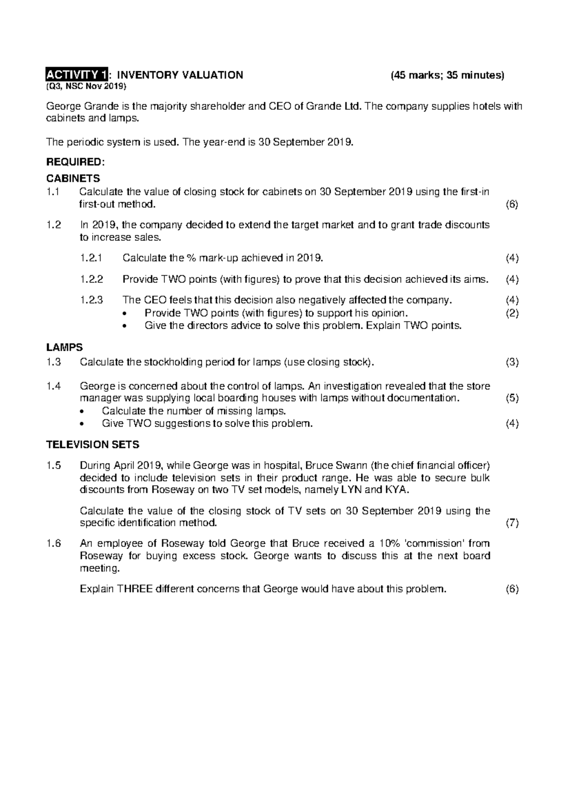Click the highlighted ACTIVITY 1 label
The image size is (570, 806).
click(x=77, y=75)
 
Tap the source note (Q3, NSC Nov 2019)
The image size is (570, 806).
click(x=86, y=86)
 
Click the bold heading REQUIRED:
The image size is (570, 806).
click(x=74, y=162)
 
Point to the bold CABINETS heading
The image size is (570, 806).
click(x=73, y=179)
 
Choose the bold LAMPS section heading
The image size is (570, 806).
click(x=64, y=348)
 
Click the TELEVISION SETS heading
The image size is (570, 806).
click(x=92, y=445)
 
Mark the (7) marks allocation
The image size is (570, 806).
click(x=512, y=523)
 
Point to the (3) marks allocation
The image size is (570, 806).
click(x=512, y=362)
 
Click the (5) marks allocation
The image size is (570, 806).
click(x=512, y=398)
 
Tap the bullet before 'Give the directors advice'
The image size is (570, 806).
click(x=125, y=326)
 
